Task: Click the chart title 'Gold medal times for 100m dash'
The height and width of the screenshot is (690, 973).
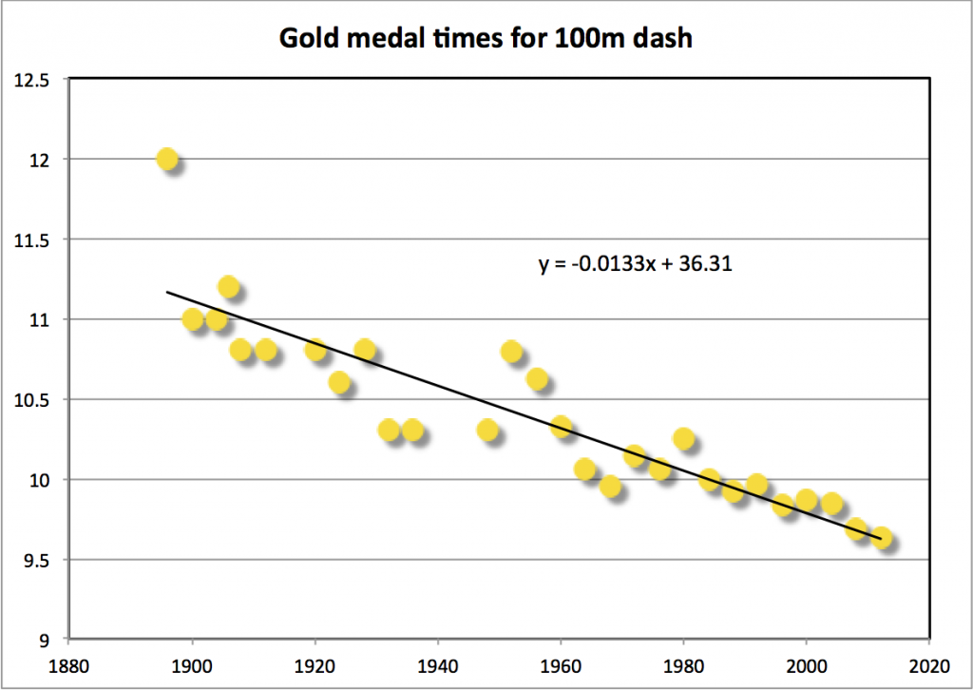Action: point(486,38)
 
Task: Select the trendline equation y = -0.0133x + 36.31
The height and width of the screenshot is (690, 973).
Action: point(636,263)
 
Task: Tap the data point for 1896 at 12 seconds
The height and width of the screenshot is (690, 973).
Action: point(167,160)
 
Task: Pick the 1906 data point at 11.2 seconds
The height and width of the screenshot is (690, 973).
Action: point(228,287)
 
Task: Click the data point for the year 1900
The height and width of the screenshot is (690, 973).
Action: point(192,319)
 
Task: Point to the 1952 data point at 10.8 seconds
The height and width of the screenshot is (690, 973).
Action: point(511,352)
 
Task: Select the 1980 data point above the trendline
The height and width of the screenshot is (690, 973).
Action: point(683,439)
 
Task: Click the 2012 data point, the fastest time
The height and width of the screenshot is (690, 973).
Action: point(881,538)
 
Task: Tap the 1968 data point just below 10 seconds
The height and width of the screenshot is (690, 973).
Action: point(610,486)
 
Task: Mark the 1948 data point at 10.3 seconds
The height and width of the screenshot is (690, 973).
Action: point(487,430)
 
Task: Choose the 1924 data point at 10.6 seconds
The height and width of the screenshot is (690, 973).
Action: point(339,382)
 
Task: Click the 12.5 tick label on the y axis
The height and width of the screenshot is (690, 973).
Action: point(31,81)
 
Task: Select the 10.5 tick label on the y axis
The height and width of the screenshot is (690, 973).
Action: point(31,400)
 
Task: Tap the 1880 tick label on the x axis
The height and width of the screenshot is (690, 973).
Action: point(68,666)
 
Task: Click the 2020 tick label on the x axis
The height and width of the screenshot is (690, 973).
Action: point(929,666)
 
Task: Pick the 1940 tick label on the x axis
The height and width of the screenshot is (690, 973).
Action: point(437,666)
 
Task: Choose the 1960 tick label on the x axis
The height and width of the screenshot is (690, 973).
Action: point(561,666)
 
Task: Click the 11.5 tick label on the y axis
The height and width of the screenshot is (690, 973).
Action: point(31,240)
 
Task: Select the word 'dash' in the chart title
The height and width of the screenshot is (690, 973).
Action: point(662,38)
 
